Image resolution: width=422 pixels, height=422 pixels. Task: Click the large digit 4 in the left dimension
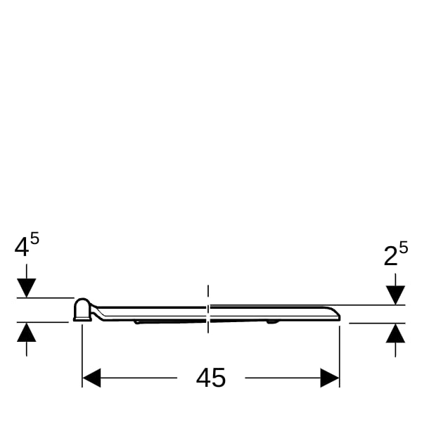[x=22, y=248]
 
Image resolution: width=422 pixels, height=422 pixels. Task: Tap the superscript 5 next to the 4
[x=34, y=238]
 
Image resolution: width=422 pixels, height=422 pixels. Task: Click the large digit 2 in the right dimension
[x=391, y=257]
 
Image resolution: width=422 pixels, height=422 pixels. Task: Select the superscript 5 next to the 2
[x=404, y=248]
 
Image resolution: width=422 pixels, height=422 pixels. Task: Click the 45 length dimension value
[x=211, y=378]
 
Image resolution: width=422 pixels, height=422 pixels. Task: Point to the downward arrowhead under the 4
[x=27, y=288]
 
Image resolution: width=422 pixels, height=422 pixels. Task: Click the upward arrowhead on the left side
[x=27, y=332]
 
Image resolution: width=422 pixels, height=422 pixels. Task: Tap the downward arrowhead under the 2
[x=395, y=295]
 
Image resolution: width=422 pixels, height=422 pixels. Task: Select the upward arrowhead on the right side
[x=395, y=333]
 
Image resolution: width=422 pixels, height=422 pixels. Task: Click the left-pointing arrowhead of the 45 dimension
[x=91, y=378]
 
